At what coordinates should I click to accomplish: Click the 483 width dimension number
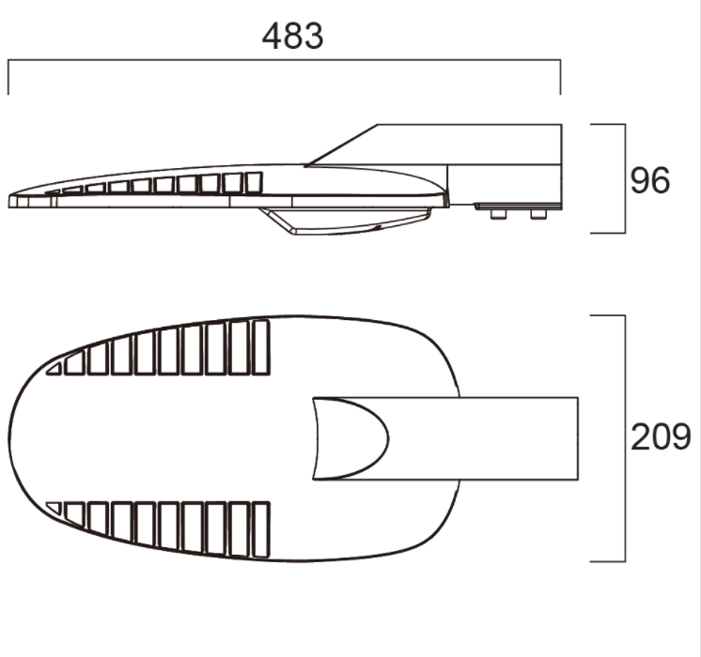[293, 36]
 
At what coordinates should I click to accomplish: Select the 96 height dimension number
[650, 180]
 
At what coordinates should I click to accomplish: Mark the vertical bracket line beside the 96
[625, 178]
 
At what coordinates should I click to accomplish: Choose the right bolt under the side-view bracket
[537, 214]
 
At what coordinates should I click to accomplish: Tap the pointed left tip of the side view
[11, 200]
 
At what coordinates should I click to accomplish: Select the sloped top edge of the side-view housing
[343, 145]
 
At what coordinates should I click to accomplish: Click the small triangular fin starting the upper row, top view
[55, 369]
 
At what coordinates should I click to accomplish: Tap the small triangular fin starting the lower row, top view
[55, 508]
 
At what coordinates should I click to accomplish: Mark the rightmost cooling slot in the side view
[253, 183]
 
